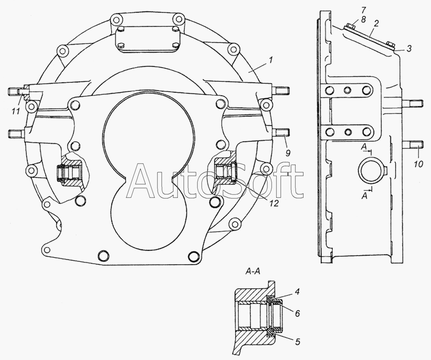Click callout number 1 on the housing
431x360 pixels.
(x=271, y=60)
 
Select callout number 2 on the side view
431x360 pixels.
(x=376, y=23)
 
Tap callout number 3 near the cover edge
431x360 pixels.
(x=409, y=49)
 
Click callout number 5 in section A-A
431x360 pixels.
(x=297, y=342)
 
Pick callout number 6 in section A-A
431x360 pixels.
(x=297, y=313)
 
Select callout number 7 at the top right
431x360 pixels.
(x=363, y=11)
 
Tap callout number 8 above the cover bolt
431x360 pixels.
(x=363, y=20)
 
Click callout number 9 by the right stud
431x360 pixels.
(x=288, y=153)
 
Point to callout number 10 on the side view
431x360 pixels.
(x=419, y=164)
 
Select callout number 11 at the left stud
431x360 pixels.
(x=16, y=111)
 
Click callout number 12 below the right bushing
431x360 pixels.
(x=273, y=203)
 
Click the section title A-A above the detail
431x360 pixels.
(x=252, y=271)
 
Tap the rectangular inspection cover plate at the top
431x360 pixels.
(x=147, y=40)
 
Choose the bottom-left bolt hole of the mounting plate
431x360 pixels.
(x=103, y=255)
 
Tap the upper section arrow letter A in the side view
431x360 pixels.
(x=364, y=147)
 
